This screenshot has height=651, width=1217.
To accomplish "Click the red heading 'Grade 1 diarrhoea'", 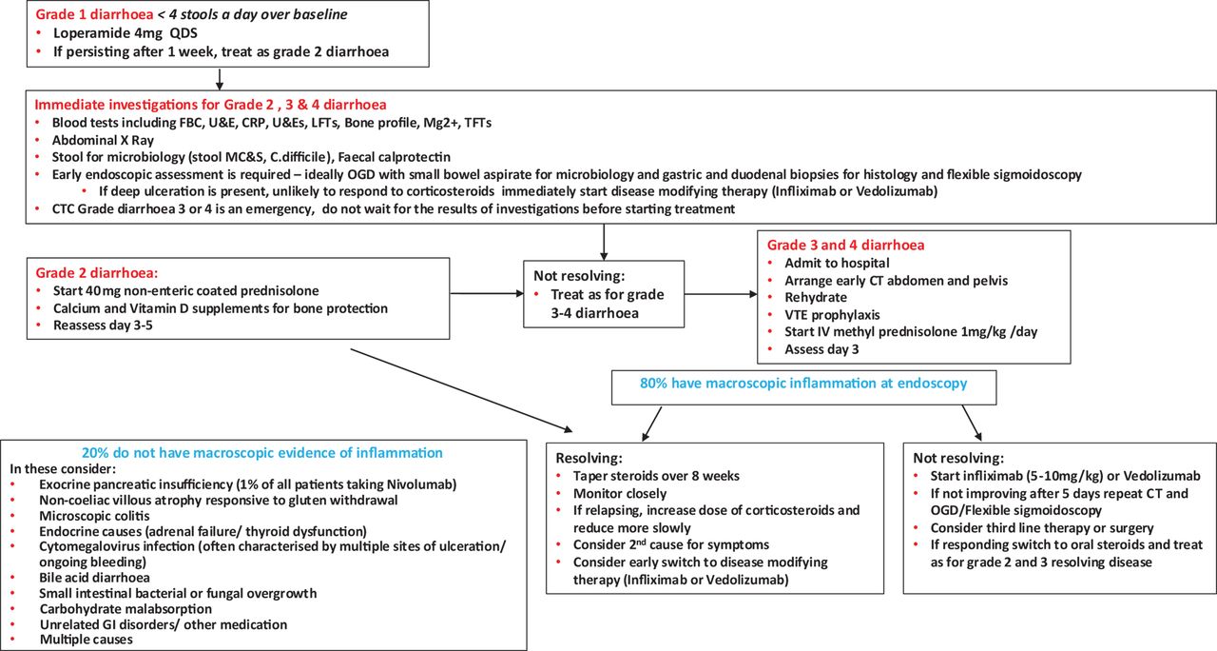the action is (94, 14).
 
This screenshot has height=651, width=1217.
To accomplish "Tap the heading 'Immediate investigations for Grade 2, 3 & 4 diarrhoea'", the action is (211, 105).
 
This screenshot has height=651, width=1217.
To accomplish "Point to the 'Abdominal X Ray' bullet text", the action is (103, 140).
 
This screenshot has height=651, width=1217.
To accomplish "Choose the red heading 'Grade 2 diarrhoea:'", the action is (97, 273).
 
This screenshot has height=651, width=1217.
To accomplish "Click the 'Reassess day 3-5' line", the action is (103, 325).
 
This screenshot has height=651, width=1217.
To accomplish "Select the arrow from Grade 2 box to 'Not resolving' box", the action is (487, 294).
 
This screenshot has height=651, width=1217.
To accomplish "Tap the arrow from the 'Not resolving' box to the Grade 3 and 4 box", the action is (721, 294).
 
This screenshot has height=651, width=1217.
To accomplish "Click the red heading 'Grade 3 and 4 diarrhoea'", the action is (845, 246).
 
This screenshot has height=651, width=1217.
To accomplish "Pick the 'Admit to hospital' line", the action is (837, 264).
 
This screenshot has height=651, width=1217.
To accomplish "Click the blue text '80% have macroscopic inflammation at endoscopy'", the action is (803, 384).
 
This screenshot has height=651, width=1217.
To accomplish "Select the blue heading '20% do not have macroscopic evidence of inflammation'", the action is (261, 453).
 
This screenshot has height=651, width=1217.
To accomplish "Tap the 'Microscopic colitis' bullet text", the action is (94, 516).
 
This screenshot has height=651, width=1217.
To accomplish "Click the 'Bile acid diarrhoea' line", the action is (94, 578).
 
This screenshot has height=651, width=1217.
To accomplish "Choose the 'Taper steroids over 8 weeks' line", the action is (656, 476).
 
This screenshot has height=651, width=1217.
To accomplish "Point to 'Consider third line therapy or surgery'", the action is (1041, 528).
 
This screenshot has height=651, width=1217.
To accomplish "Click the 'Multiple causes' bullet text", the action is (86, 640).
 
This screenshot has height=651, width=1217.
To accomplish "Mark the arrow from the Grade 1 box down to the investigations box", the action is (220, 79).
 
